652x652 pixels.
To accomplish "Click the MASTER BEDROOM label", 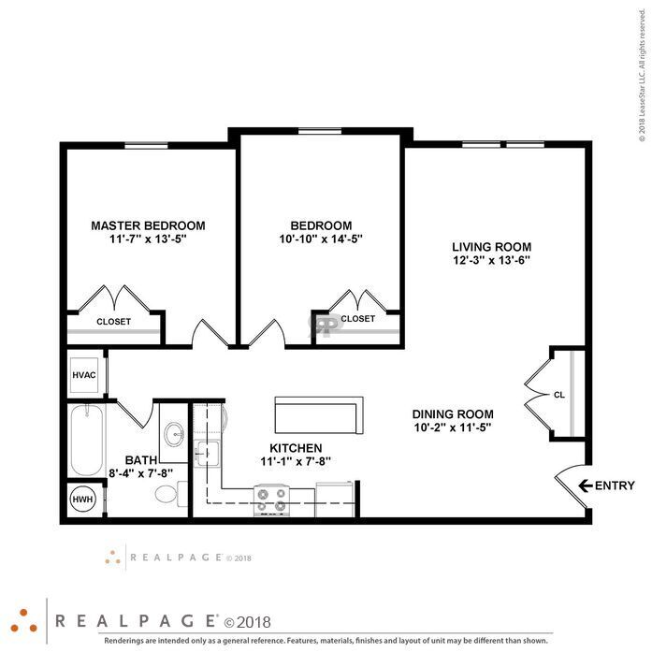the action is [x=148, y=225].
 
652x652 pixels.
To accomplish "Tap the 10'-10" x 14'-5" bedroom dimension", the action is [x=321, y=239].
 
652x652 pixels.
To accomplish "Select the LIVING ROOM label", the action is [x=491, y=247].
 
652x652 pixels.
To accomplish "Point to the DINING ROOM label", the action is [x=453, y=414].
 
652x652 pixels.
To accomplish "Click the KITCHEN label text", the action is [x=296, y=448].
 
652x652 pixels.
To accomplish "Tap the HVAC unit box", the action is [x=84, y=375].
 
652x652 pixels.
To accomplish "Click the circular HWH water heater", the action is [x=82, y=499].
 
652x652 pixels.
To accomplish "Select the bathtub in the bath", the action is [x=87, y=440].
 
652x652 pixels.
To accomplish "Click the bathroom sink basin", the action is [x=175, y=435].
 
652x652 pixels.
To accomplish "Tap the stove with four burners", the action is [x=272, y=500].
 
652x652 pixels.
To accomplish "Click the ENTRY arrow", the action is [x=585, y=485].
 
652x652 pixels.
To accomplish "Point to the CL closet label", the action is [x=559, y=395].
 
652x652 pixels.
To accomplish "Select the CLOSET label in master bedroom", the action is [x=113, y=322].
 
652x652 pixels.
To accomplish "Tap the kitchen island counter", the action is [x=319, y=415].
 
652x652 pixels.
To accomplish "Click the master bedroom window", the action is [x=146, y=146].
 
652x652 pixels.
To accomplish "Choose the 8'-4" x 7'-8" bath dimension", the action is [x=140, y=473].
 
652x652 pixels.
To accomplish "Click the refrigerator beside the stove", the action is [x=334, y=500].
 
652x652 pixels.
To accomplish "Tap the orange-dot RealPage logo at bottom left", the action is [x=23, y=621].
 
